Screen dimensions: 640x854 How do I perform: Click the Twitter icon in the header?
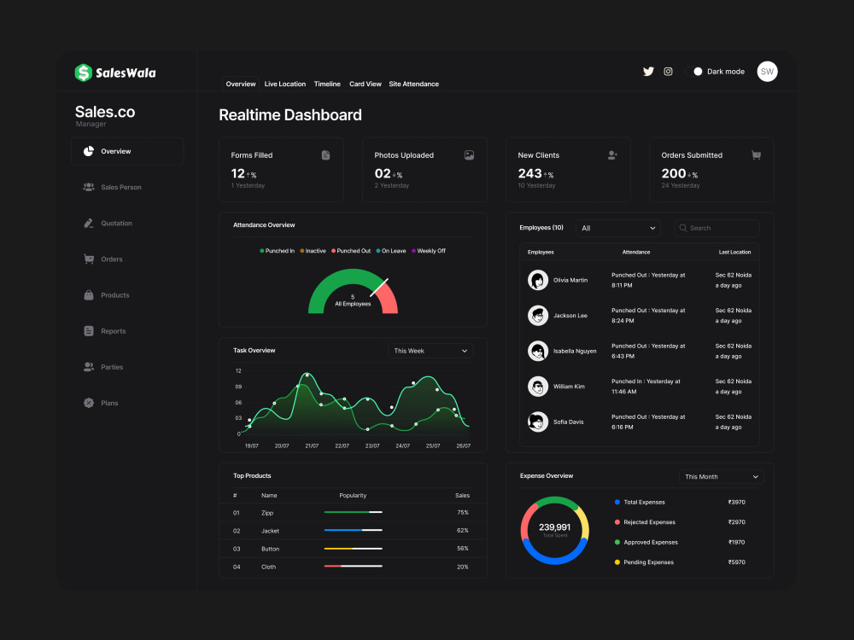coord(648,72)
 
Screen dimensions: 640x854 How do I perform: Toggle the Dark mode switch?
coord(697,72)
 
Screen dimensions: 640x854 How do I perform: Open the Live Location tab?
coord(285,84)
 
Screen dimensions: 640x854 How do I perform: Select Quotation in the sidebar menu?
coord(116,223)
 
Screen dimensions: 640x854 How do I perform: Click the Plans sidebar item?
coord(109,403)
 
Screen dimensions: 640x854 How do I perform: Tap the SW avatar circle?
coord(767,72)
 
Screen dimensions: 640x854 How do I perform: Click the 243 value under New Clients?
coord(529,173)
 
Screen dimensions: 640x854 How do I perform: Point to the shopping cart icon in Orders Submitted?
coord(756,155)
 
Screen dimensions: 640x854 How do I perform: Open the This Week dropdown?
coord(430,351)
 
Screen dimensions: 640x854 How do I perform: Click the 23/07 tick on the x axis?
coord(372,445)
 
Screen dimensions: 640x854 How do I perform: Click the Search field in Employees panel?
coord(717,228)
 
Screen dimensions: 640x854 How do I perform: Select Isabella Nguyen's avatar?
coord(538,351)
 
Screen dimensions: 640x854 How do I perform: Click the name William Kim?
coord(569,387)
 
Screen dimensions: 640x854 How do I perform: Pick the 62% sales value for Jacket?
coord(462,531)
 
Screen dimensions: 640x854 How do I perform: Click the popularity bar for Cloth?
coord(353,567)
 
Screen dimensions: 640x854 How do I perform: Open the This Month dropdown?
coord(721,477)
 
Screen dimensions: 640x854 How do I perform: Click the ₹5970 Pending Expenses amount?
coord(736,562)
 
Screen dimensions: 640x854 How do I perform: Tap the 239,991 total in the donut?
coord(554,527)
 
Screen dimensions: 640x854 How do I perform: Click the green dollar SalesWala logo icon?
coord(83,73)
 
